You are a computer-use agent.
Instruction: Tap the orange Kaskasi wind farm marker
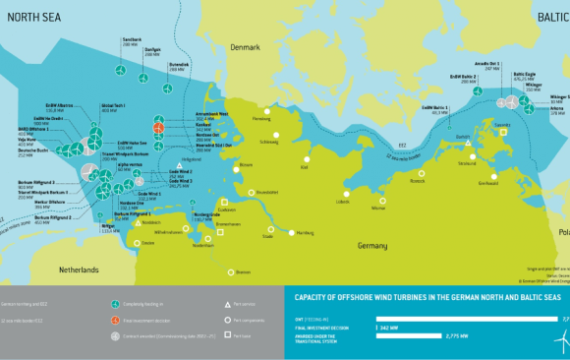tap(158, 127)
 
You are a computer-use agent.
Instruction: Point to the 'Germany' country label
tap(371, 244)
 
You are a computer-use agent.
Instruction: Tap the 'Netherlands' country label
tap(77, 269)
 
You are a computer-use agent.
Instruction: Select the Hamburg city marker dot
tap(292, 232)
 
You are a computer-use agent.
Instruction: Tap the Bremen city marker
tap(232, 271)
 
